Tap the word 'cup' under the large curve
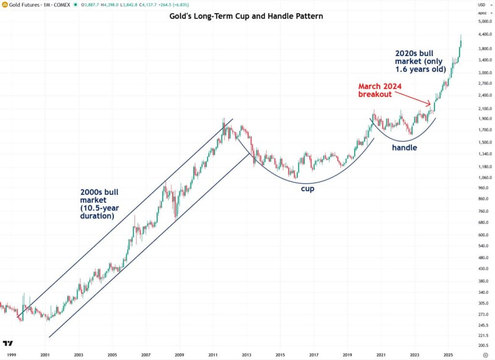click(307, 189)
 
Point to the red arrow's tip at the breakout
click(430, 104)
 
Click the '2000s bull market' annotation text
click(100, 204)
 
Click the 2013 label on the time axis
click(246, 354)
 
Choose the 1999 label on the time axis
click(12, 354)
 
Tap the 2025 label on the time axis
click(448, 354)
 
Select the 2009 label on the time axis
click(179, 354)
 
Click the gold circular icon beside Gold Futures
click(4, 5)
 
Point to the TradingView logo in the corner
click(8, 344)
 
